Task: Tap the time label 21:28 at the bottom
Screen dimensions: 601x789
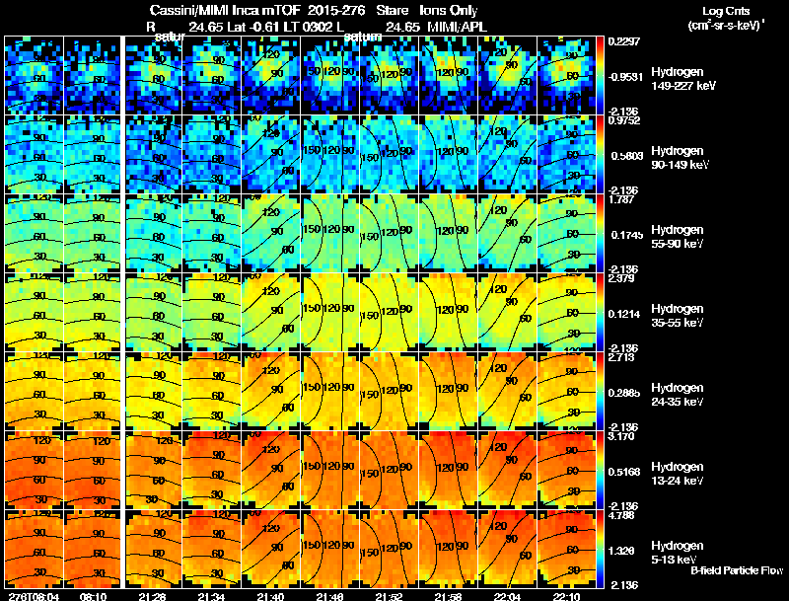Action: point(151,595)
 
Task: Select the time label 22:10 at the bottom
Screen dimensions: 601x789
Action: point(568,595)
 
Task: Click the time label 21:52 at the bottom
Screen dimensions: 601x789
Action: point(390,595)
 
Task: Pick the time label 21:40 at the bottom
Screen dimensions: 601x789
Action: point(270,595)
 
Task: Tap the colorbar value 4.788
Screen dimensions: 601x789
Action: point(622,515)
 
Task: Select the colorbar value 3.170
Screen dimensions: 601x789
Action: point(622,436)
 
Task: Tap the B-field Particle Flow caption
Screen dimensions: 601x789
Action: point(736,570)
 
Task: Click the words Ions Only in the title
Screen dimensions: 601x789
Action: point(454,11)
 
